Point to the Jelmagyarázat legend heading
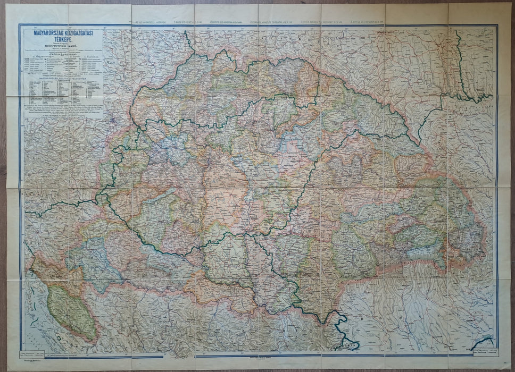click(x=63, y=54)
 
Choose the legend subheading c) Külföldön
click(x=90, y=57)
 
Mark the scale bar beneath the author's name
click(x=63, y=50)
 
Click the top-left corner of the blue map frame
click(x=20, y=25)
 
